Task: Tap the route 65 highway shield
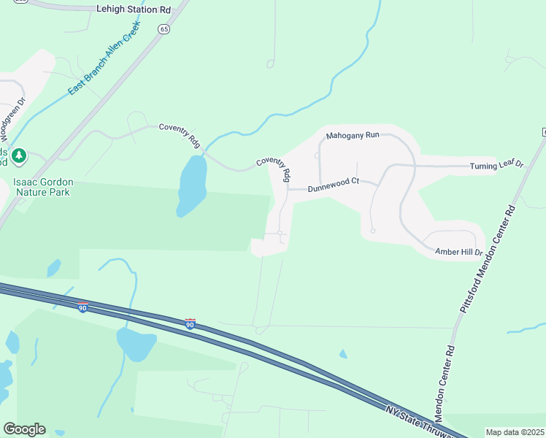(x=164, y=28)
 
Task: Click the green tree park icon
(x=19, y=155)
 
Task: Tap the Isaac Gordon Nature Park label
(x=41, y=187)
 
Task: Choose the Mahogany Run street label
(x=353, y=135)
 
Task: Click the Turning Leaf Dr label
(x=496, y=165)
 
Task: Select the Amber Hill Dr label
(x=459, y=252)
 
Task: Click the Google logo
(x=24, y=429)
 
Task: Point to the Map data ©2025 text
(x=515, y=432)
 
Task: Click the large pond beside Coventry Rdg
(x=191, y=185)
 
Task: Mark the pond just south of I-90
(x=135, y=343)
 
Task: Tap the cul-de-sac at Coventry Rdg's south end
(x=281, y=234)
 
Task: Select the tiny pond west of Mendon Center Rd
(x=343, y=354)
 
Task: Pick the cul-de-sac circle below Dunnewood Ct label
(x=372, y=231)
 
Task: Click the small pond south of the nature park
(x=53, y=268)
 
